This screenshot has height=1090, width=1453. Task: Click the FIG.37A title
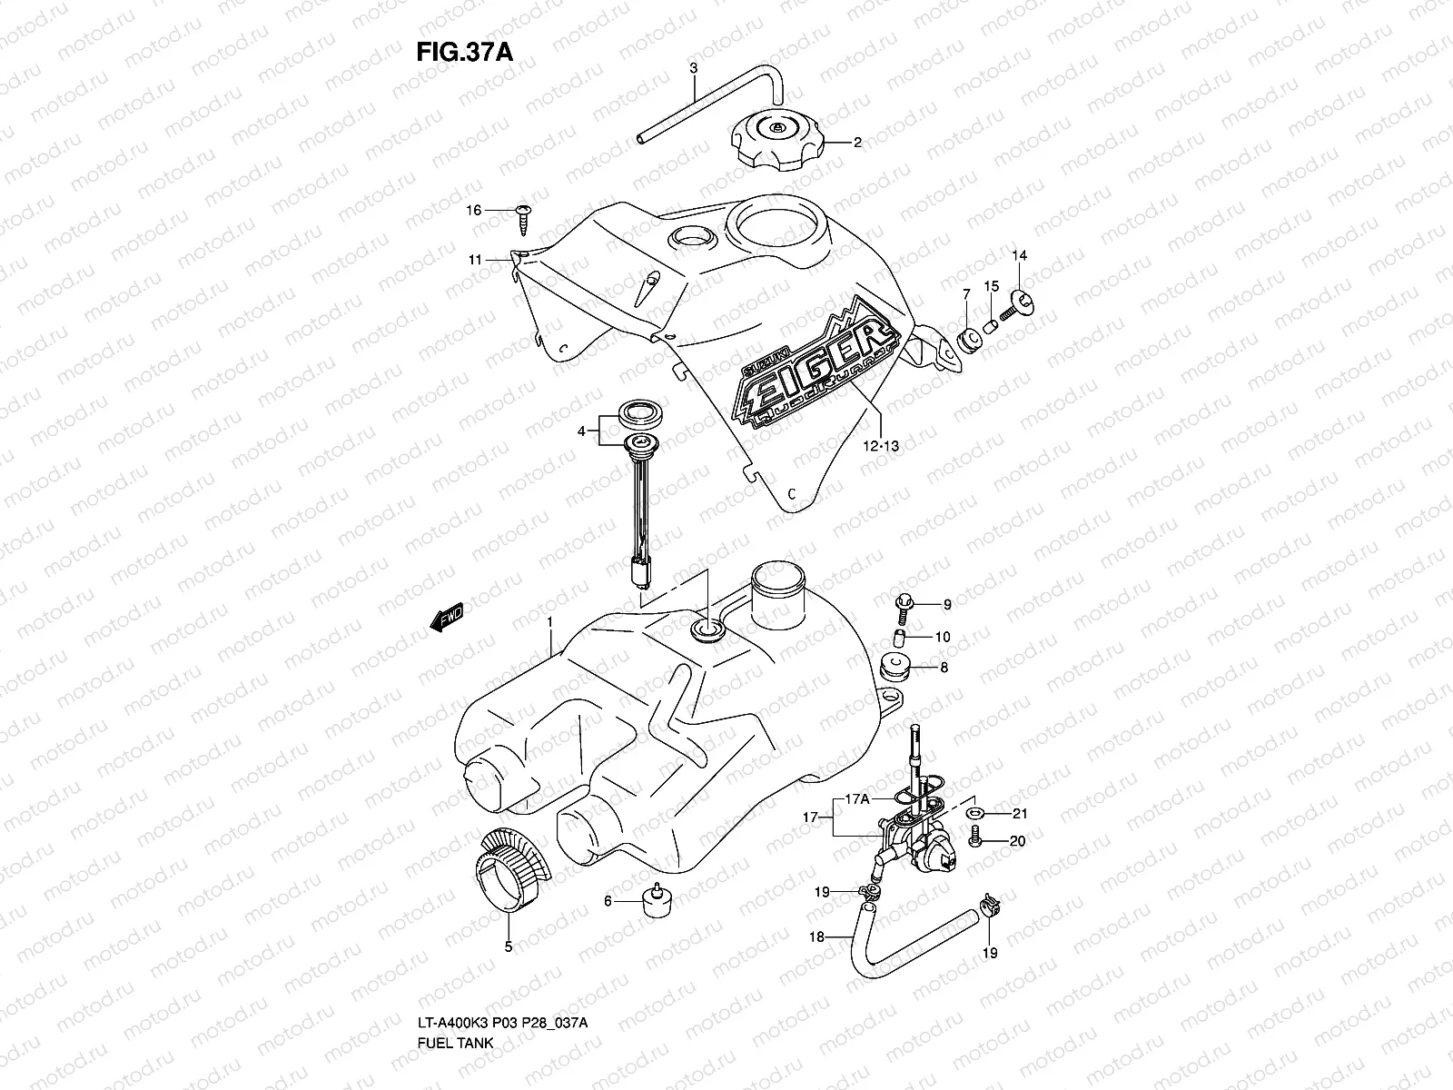(464, 52)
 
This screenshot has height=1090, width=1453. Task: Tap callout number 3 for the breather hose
(693, 68)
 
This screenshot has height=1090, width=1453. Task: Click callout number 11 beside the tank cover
(475, 260)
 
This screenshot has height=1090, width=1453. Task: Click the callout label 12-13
(881, 445)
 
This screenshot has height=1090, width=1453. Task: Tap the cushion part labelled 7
(968, 341)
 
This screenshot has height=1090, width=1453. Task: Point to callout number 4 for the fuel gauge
(582, 431)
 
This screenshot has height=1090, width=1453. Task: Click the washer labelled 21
(975, 813)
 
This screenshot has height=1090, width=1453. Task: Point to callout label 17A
(858, 800)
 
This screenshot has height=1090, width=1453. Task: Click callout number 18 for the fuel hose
(816, 936)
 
